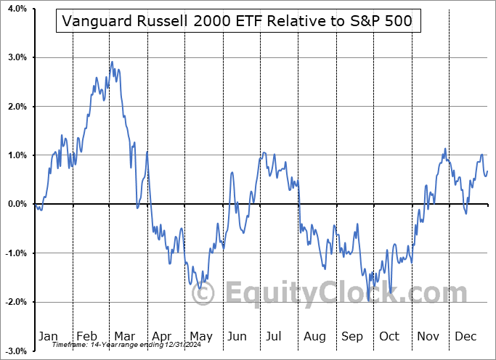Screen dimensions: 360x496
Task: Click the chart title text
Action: (x=237, y=22)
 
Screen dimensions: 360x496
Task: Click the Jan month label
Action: (x=47, y=336)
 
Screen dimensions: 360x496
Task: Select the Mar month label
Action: (x=125, y=336)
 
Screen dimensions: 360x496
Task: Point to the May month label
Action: (x=200, y=336)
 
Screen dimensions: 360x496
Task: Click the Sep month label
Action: (x=352, y=336)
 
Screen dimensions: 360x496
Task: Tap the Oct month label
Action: (x=389, y=336)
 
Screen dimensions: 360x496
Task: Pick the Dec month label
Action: (x=466, y=336)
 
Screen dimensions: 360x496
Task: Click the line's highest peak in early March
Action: (x=111, y=62)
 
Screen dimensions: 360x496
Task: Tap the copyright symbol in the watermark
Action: (x=204, y=294)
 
